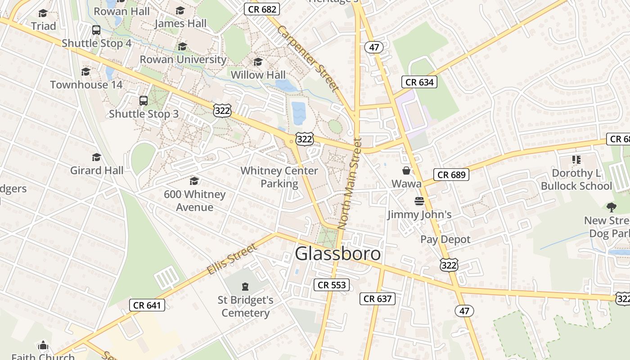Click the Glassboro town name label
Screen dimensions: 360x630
[x=337, y=254]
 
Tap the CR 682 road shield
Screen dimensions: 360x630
[x=262, y=9]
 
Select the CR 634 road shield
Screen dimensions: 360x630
[x=419, y=82]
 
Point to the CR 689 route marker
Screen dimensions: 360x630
[x=451, y=175]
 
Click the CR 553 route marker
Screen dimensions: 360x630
[x=332, y=285]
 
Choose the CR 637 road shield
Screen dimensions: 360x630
[x=378, y=299]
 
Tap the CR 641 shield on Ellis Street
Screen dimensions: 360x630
[x=147, y=305]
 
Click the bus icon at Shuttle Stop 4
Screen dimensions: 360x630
[x=96, y=30]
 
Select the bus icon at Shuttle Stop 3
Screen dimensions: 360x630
[x=144, y=101]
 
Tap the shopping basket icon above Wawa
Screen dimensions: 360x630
[x=406, y=171]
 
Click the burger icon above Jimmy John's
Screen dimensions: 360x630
[x=419, y=201]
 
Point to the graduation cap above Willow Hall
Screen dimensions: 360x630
[x=258, y=62]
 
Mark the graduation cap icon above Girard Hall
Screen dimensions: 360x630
[x=96, y=157]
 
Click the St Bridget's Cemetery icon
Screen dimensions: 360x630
[x=245, y=286]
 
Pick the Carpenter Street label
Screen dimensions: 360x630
[x=307, y=58]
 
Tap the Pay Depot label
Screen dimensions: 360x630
[x=445, y=239]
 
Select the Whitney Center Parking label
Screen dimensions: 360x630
[x=279, y=177]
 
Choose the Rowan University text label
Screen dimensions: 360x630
[x=183, y=59]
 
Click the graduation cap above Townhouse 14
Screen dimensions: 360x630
[x=85, y=72]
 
